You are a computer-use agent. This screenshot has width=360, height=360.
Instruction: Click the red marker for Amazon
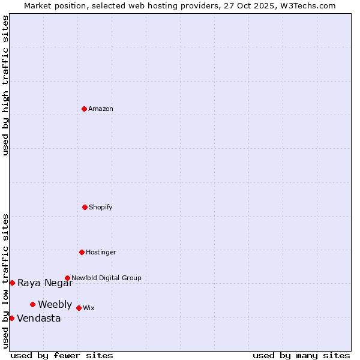point(84,109)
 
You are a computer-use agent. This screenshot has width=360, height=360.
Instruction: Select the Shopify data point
point(85,207)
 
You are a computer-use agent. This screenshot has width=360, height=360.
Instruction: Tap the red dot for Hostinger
point(82,252)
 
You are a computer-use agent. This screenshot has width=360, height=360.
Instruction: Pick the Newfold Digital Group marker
point(67,278)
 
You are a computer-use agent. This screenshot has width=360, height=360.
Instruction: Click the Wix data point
point(79,308)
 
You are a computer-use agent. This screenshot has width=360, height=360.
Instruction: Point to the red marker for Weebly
point(32,304)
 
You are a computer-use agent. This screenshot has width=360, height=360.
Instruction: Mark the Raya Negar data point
point(12,283)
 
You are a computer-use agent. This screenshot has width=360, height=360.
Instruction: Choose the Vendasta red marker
point(11,318)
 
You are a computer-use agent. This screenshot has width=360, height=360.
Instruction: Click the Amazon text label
point(101,109)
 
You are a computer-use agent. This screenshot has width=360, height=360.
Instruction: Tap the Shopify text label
point(101,208)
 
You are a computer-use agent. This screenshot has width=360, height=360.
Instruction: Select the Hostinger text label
point(101,253)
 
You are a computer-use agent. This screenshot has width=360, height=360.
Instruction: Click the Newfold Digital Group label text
point(106,278)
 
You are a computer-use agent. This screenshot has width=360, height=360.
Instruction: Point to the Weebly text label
point(55,305)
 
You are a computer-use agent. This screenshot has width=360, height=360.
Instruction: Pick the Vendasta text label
point(39,319)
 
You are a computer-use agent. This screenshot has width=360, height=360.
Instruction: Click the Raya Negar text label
point(45,283)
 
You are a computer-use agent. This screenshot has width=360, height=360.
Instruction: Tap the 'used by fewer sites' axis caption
point(62,355)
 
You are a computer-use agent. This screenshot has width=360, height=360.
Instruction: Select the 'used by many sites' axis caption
point(301,355)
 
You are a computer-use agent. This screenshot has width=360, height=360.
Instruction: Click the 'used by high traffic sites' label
point(6,85)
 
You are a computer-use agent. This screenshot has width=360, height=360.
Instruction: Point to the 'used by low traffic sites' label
point(6,281)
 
